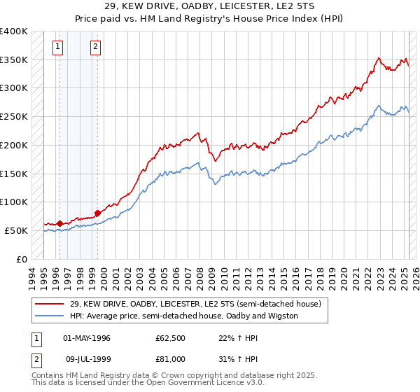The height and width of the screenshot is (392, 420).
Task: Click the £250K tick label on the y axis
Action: tap(14, 116)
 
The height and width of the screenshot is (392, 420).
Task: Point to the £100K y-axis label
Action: tap(14, 202)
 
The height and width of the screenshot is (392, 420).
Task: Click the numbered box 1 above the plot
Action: tap(58, 48)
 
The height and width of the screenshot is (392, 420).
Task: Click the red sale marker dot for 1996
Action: tap(59, 223)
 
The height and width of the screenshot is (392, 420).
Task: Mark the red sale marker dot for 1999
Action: tap(97, 213)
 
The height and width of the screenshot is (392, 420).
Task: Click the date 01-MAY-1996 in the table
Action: tap(87, 338)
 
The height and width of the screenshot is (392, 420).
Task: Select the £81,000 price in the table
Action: tap(171, 358)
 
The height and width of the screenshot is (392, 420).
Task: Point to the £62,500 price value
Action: tap(171, 338)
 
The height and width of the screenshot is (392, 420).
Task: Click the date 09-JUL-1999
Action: tap(87, 358)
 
